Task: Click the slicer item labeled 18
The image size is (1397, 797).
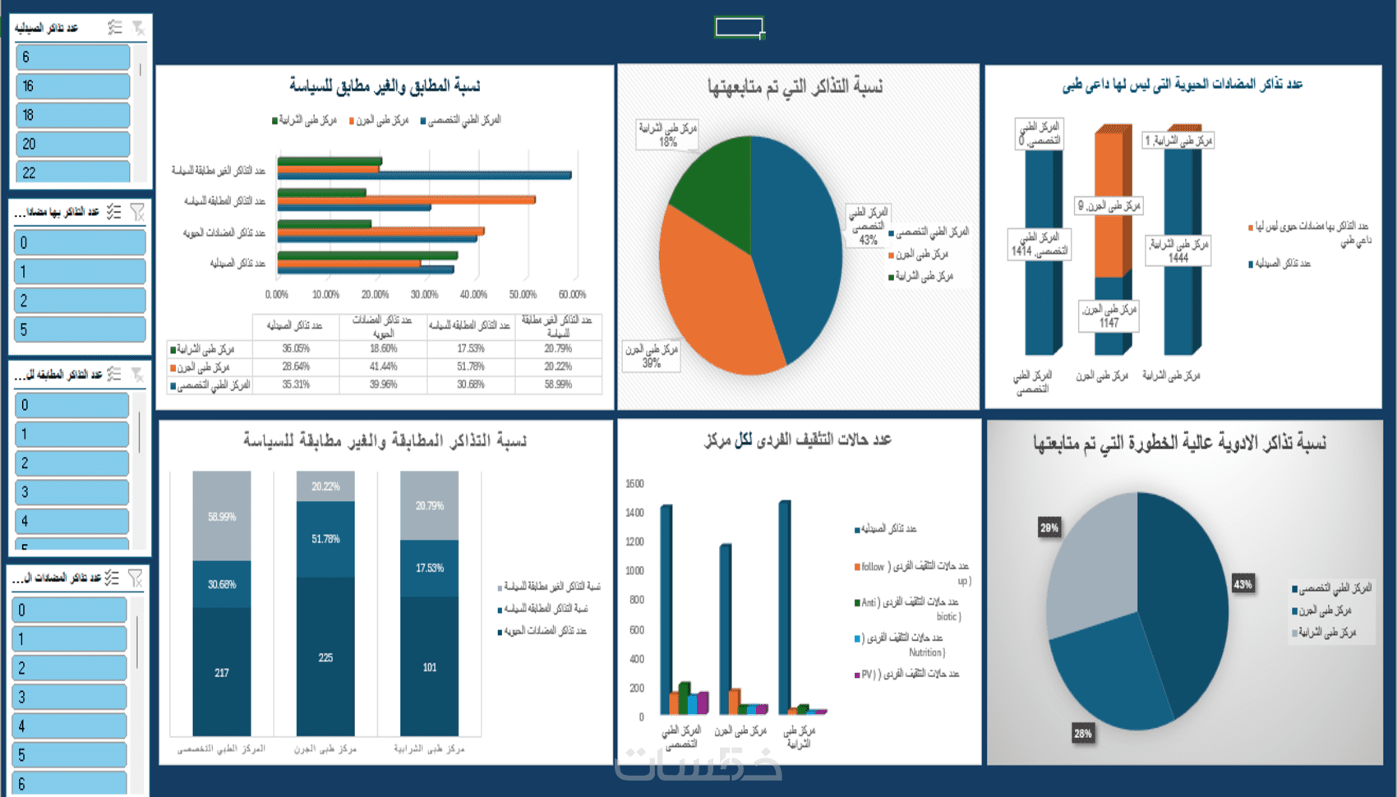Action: click(72, 115)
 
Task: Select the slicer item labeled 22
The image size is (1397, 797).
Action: click(72, 173)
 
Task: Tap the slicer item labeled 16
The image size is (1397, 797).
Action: click(72, 86)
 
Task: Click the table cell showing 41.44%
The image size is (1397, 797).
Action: click(383, 366)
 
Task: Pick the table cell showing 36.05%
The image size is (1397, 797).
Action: click(296, 348)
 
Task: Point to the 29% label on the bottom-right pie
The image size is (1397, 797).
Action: click(1049, 527)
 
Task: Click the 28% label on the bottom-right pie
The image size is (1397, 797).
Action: click(1082, 734)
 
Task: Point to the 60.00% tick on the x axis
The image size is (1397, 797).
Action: click(572, 294)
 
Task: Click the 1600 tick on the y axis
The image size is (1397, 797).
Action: click(634, 483)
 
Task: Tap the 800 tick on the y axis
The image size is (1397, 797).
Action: click(636, 600)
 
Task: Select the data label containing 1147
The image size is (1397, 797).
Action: click(1109, 316)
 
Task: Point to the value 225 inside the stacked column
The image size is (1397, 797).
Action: click(325, 657)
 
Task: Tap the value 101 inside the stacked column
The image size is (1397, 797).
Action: click(429, 667)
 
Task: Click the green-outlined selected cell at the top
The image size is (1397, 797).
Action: click(740, 28)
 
